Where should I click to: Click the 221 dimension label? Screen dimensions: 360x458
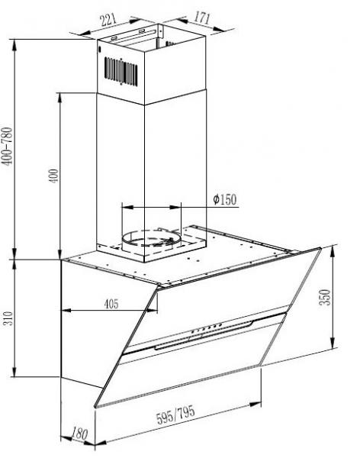(108, 20)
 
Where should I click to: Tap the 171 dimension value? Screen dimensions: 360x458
(202, 18)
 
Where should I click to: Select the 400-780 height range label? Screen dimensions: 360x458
(8, 146)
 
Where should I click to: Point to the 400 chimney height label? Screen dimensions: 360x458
(54, 176)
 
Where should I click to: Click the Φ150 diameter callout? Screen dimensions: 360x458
(224, 199)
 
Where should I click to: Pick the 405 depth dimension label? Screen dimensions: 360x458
(111, 304)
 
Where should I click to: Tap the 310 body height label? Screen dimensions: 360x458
(8, 318)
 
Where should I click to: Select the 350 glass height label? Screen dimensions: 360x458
(325, 297)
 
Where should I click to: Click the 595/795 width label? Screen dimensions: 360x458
(175, 414)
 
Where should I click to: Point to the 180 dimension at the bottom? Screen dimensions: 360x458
(79, 434)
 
